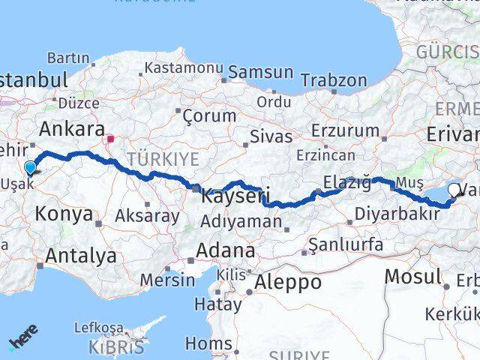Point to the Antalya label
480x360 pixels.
click(80, 255)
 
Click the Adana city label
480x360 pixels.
click(225, 250)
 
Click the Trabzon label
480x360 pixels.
click(334, 79)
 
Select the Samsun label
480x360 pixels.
click(260, 72)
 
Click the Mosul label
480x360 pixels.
click(412, 276)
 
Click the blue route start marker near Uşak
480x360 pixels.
click(30, 168)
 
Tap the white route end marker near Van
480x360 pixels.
click(454, 191)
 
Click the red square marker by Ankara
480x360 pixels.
click(110, 138)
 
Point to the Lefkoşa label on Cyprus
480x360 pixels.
click(98, 328)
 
